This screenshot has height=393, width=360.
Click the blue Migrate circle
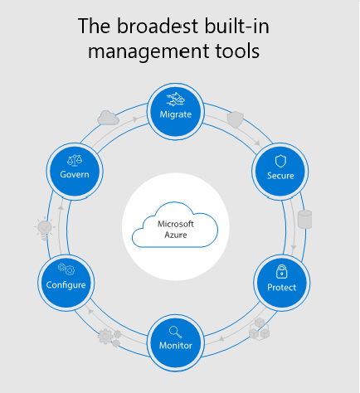176,111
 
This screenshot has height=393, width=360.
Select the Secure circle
280,172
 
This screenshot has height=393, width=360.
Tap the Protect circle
281,283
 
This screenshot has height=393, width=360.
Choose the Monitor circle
176,343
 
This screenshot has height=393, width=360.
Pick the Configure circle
66,283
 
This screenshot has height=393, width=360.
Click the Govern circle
75,172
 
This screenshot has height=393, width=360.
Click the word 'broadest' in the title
158,26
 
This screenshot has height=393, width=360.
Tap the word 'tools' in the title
237,51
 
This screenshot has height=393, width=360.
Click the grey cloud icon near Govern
108,118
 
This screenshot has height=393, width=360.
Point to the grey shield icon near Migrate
236,120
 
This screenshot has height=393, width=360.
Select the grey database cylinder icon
305,219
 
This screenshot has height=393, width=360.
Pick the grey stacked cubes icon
260,329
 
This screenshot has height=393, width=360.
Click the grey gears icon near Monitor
109,337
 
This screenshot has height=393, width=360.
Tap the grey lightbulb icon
45,228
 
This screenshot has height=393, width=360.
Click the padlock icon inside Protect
281,271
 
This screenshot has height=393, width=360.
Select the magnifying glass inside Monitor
175,332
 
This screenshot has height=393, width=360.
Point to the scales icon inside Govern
75,160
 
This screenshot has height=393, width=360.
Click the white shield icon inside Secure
280,161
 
